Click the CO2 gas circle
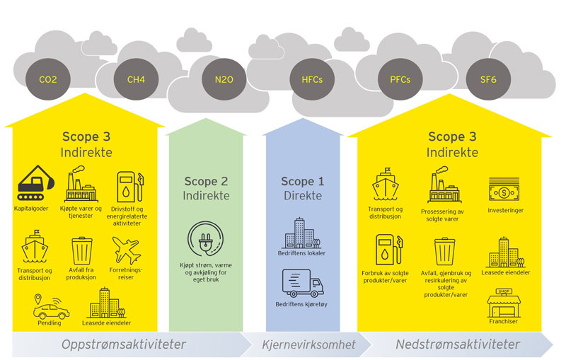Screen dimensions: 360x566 point(47,80)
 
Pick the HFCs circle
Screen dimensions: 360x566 point(311,80)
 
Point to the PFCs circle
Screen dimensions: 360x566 point(399,80)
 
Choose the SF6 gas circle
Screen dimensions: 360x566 point(488,80)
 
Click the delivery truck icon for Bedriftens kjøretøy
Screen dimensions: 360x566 point(303,283)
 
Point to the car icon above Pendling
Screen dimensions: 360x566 point(51,308)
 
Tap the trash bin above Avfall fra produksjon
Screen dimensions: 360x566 point(81,250)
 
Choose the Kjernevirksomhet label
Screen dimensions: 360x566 point(308,345)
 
